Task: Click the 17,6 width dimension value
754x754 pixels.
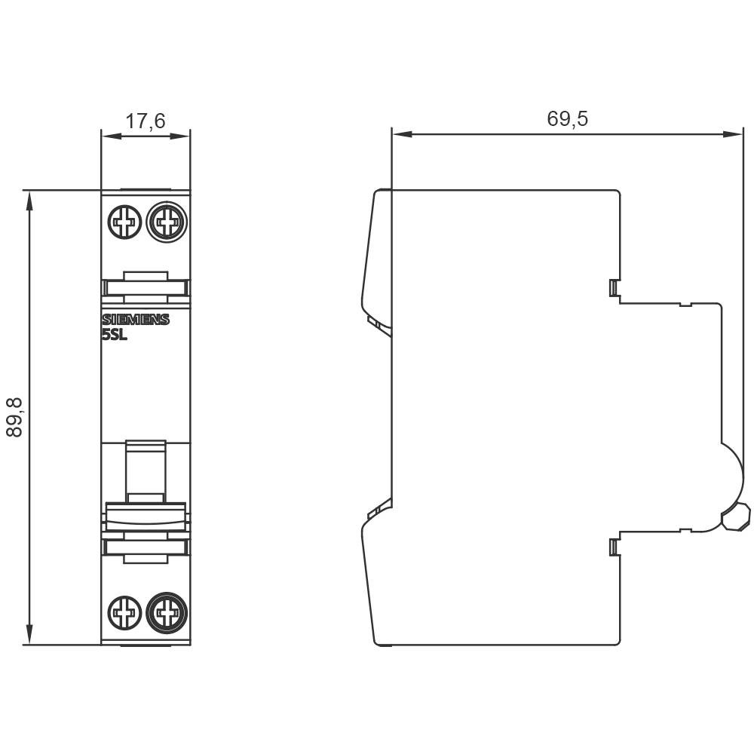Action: coord(146,121)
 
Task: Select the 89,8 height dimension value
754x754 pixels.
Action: coord(14,417)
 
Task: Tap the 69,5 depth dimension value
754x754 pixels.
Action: coord(568,118)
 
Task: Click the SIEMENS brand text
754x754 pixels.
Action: coord(136,320)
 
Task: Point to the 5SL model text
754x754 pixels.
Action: coord(115,336)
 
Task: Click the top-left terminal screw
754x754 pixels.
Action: coord(124,222)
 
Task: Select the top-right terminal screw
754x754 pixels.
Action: coord(167,222)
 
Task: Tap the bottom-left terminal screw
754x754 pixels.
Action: coord(124,612)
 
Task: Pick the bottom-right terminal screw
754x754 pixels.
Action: coord(167,612)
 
